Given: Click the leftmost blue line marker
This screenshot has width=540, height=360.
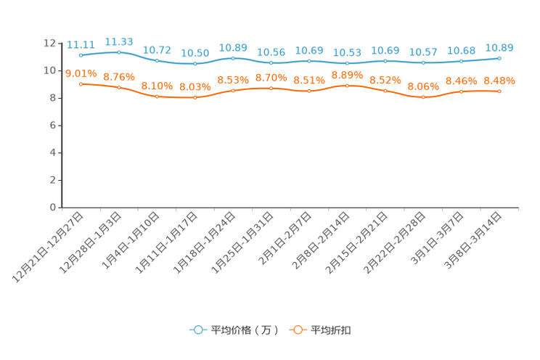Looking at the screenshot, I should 81,55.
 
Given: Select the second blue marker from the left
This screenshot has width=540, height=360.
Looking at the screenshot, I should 119,52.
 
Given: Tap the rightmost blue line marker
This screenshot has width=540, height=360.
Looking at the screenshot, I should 499,58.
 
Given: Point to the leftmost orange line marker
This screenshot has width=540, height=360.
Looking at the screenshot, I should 81,83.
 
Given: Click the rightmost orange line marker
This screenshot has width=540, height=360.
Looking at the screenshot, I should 499,91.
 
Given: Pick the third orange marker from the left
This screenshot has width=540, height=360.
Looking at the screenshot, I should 157,97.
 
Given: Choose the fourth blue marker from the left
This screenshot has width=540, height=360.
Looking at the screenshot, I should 195,64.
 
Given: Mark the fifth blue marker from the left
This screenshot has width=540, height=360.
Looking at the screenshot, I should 233,57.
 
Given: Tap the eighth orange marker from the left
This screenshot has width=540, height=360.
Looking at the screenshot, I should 348,85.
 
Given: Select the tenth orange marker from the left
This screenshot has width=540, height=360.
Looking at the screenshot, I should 424,97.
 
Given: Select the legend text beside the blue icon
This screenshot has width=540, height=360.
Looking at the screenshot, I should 245,330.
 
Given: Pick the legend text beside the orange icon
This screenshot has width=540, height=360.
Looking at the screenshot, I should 332,330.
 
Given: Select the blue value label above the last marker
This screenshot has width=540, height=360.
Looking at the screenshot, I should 499,48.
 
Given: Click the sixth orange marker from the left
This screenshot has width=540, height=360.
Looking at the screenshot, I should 271,88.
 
